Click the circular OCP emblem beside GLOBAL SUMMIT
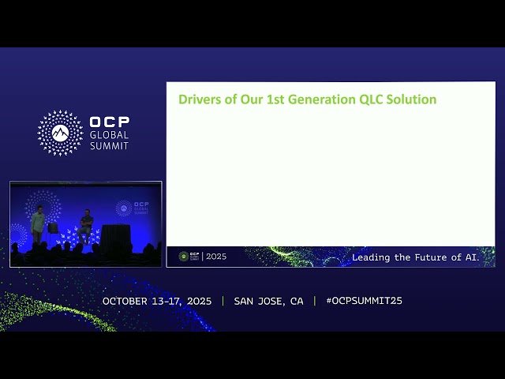pyautogui.click(x=60, y=132)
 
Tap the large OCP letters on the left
pyautogui.click(x=109, y=122)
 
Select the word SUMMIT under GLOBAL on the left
pyautogui.click(x=109, y=146)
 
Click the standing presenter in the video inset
pyautogui.click(x=37, y=225)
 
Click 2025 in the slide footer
pyautogui.click(x=216, y=257)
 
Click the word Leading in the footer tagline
pyautogui.click(x=372, y=257)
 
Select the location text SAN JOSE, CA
pyautogui.click(x=268, y=301)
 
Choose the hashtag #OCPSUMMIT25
pyautogui.click(x=364, y=301)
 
